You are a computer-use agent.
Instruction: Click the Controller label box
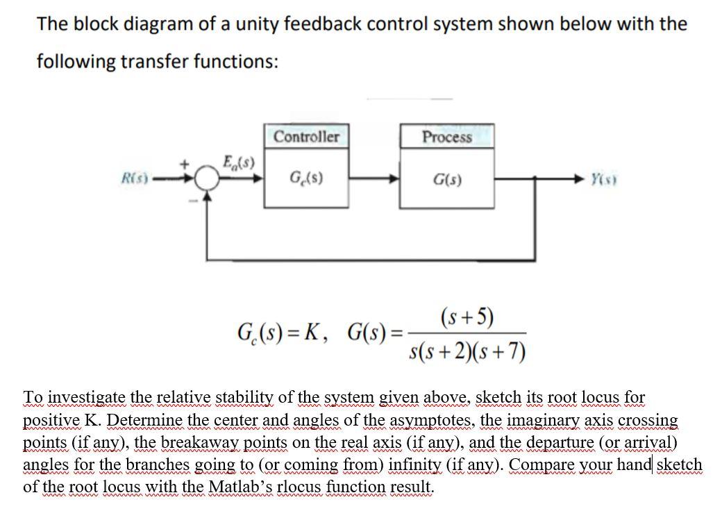pos(306,136)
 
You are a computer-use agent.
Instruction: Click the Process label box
pos(447,136)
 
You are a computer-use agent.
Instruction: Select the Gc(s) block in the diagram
pos(306,179)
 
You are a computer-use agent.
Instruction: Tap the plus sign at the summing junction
pos(185,165)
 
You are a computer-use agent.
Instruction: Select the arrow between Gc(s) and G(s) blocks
pos(376,179)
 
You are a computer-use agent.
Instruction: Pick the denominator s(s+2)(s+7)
pos(467,351)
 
